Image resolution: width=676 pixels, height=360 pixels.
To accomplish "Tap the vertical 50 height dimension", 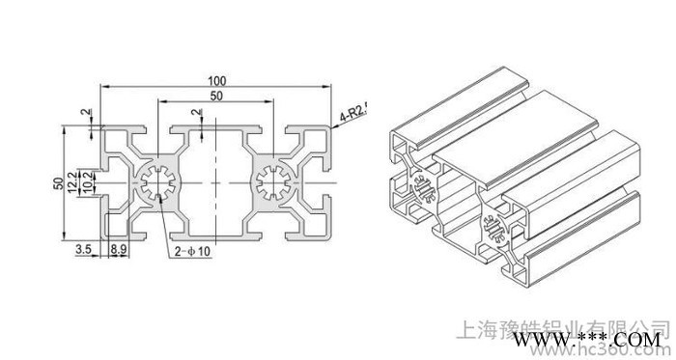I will (x=58, y=183).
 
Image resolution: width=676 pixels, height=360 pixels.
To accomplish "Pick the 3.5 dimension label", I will (x=85, y=249).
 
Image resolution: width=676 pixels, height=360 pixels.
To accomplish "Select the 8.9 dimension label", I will (x=117, y=249).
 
